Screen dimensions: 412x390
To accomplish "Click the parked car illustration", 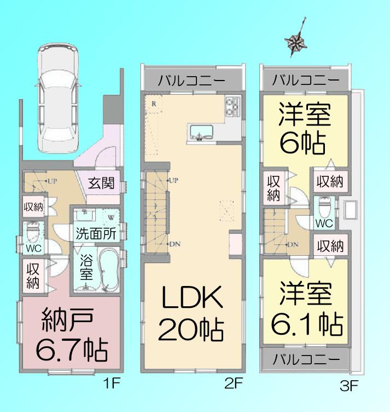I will (x=58, y=98).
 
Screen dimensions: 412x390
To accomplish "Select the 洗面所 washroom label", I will (x=96, y=233).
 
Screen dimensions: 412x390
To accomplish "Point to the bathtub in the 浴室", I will (x=109, y=268).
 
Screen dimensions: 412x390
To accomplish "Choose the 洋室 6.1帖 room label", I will (x=304, y=310).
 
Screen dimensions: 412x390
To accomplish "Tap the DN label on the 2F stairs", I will (x=174, y=244).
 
